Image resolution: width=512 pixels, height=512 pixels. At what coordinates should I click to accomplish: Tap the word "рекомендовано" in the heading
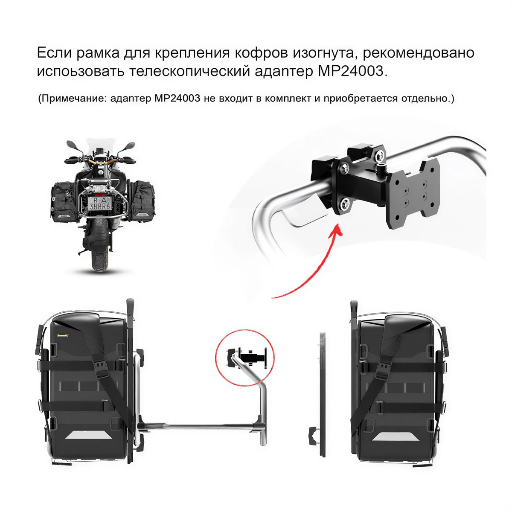tap(419, 53)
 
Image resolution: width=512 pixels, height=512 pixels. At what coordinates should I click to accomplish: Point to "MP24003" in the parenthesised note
tap(177, 99)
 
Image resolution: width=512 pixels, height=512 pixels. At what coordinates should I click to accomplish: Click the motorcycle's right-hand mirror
tap(129, 146)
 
